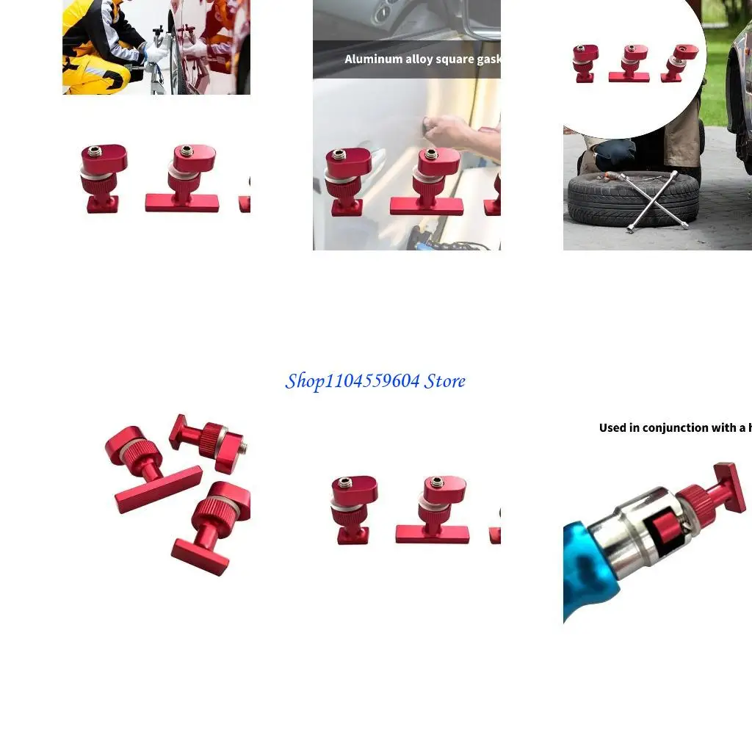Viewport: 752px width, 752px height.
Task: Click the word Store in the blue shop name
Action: point(444,381)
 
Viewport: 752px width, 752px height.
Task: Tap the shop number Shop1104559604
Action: point(352,381)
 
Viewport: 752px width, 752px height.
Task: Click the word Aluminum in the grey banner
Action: point(374,59)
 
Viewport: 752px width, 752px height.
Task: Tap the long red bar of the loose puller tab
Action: point(158,489)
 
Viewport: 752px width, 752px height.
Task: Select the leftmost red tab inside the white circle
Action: point(585,63)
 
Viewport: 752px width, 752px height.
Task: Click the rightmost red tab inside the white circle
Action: point(679,62)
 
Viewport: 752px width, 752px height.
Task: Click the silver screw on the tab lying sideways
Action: point(244,446)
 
